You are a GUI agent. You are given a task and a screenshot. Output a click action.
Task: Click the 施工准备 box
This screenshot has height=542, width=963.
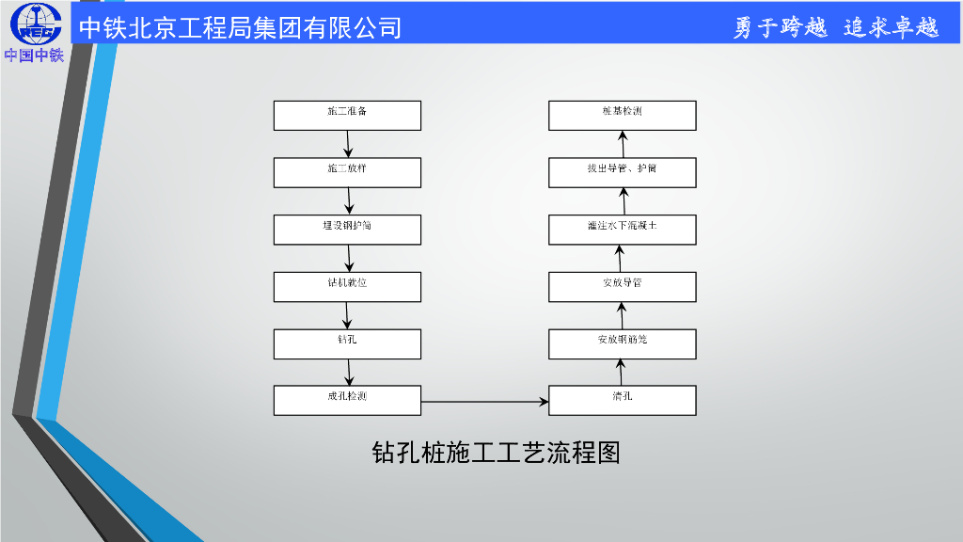347,115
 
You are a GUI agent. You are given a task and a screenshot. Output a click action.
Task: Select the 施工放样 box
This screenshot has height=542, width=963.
347,172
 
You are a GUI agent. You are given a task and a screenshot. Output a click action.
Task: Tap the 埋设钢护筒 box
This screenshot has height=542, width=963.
347,230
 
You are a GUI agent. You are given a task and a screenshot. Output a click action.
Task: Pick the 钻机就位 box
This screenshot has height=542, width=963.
347,286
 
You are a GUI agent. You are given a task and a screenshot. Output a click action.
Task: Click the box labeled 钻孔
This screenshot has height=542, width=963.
347,343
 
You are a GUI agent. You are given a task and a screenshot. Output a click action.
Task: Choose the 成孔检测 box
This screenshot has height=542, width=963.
347,400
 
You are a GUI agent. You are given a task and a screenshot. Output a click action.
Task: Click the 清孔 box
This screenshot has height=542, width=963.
623,400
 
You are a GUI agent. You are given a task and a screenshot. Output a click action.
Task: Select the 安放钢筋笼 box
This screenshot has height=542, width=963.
623,343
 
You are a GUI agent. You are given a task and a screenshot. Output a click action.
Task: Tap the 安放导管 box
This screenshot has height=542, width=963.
623,286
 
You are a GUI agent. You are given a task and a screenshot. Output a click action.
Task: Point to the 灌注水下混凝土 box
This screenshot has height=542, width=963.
623,230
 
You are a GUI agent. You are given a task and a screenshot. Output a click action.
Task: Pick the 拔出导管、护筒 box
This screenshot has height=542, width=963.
623,172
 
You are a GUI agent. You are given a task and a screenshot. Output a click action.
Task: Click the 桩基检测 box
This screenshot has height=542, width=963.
623,115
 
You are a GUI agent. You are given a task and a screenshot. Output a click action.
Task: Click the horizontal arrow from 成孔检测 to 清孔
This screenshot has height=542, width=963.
484,402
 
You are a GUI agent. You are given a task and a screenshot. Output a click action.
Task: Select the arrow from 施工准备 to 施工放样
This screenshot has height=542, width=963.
348,144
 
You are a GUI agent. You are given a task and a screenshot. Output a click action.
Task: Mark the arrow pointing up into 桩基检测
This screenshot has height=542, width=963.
623,144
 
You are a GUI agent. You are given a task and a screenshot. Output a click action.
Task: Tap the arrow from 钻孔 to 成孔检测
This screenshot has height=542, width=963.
348,372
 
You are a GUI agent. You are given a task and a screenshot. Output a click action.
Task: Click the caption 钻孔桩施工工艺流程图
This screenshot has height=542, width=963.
496,454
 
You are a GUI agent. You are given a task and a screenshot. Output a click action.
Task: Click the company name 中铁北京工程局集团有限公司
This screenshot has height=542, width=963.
240,27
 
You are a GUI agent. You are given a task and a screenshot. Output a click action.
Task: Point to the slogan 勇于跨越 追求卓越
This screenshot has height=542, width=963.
836,27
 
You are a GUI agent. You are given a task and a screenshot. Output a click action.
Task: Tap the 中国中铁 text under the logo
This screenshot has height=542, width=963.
34,56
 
